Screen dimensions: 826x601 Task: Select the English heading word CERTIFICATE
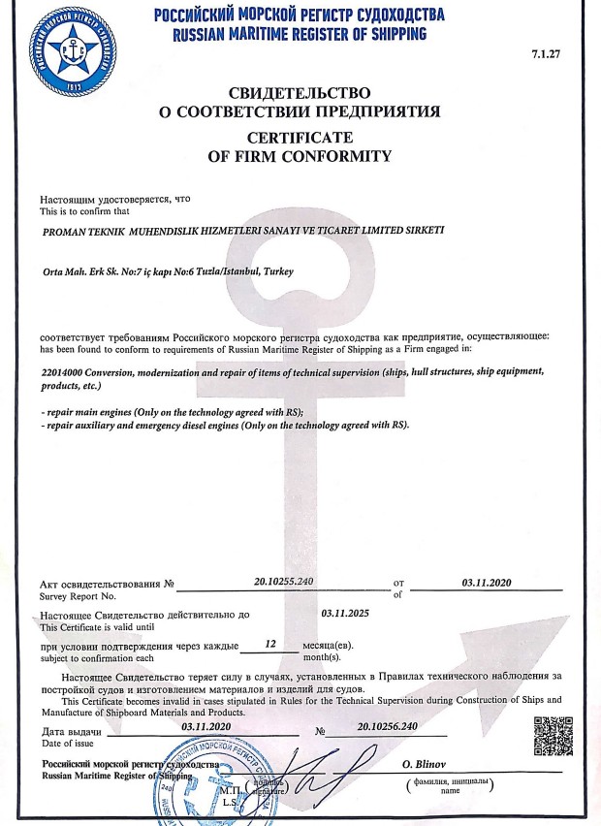[x=300, y=138]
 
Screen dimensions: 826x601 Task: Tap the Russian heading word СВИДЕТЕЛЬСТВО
[x=300, y=93]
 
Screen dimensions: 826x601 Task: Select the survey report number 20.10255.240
[x=284, y=581]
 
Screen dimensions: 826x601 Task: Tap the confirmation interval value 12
[x=270, y=643]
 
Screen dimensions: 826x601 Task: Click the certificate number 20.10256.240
[x=387, y=725]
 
